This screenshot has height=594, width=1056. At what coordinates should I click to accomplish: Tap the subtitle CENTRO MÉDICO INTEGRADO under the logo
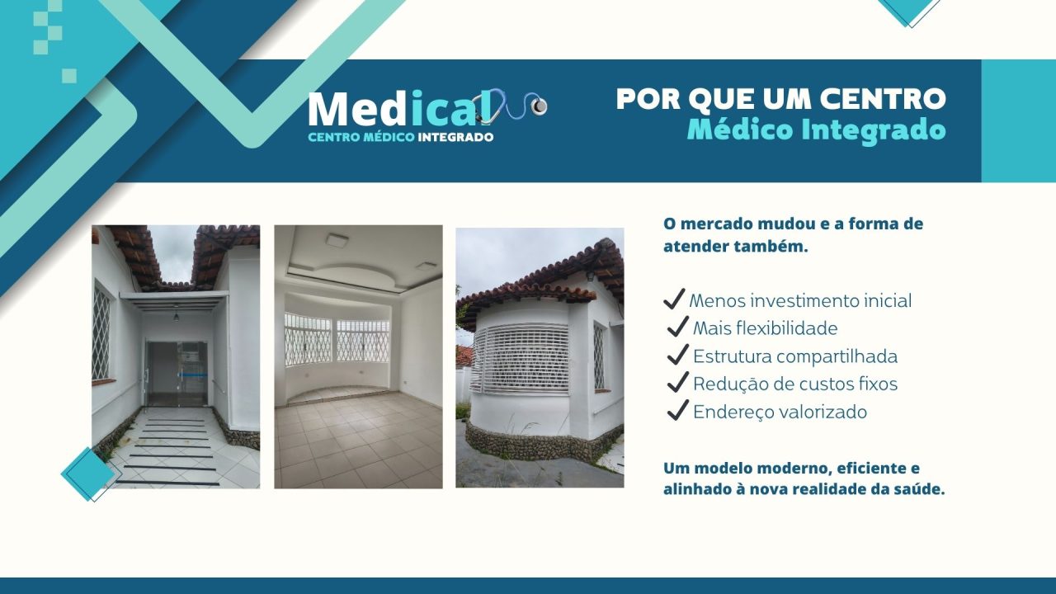[x=400, y=137]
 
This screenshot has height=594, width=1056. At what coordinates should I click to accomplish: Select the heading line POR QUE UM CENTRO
[x=780, y=99]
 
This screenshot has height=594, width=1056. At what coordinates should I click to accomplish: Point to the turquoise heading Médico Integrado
[x=815, y=130]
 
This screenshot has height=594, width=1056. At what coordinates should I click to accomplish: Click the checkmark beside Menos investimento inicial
[x=674, y=299]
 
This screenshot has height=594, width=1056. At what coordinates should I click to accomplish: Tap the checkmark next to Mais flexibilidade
[x=677, y=328]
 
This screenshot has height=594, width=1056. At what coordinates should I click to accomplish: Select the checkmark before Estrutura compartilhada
[x=677, y=356]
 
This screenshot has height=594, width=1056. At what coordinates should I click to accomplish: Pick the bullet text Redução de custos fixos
[x=794, y=384]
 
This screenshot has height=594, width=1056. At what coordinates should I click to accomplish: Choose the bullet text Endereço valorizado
[x=780, y=412]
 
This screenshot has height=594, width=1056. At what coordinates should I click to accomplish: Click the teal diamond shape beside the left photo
[x=87, y=474]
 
